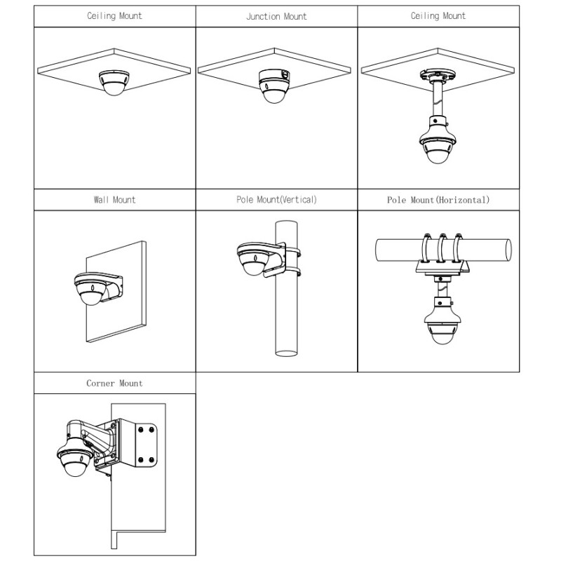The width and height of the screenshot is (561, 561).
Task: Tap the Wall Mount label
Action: point(114,200)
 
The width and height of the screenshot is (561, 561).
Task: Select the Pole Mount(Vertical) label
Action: point(276,200)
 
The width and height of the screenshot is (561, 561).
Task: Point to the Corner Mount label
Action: point(114,384)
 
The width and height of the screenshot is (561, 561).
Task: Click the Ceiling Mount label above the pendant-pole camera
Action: point(438,16)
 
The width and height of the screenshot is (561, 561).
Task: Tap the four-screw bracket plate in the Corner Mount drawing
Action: point(145,442)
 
